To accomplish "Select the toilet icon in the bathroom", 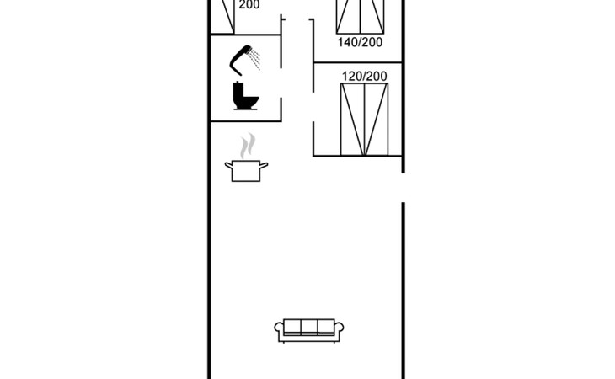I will [245, 97].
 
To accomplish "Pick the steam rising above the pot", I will [246, 147].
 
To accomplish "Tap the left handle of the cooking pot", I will [227, 165].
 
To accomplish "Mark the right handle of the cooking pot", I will [265, 165].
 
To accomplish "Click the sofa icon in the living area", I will [309, 329].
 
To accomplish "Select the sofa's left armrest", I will [279, 331].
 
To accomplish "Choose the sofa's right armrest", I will [340, 331].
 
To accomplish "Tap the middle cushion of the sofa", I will [309, 327].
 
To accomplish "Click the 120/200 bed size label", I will [365, 77].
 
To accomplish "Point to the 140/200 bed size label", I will [360, 41].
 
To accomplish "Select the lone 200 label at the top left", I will [249, 5].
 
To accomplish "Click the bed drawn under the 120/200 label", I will [365, 120].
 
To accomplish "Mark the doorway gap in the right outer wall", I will [404, 187].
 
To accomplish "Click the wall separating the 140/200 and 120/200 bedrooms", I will [358, 62].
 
